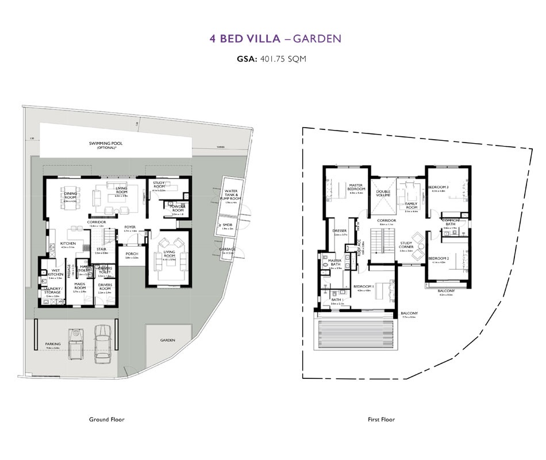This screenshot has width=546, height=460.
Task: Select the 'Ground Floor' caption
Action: (x=106, y=420)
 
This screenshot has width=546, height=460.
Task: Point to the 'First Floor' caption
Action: (x=382, y=420)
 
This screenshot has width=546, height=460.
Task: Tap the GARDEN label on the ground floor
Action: (x=168, y=340)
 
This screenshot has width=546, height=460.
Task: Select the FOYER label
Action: (x=130, y=227)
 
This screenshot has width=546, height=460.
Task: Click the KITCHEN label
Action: (x=68, y=243)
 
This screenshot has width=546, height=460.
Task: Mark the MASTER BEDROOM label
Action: (x=357, y=187)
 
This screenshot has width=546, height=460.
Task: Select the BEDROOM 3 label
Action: (x=439, y=187)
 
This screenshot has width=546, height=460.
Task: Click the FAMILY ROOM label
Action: (x=411, y=206)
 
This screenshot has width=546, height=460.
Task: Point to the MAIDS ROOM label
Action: (x=80, y=286)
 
